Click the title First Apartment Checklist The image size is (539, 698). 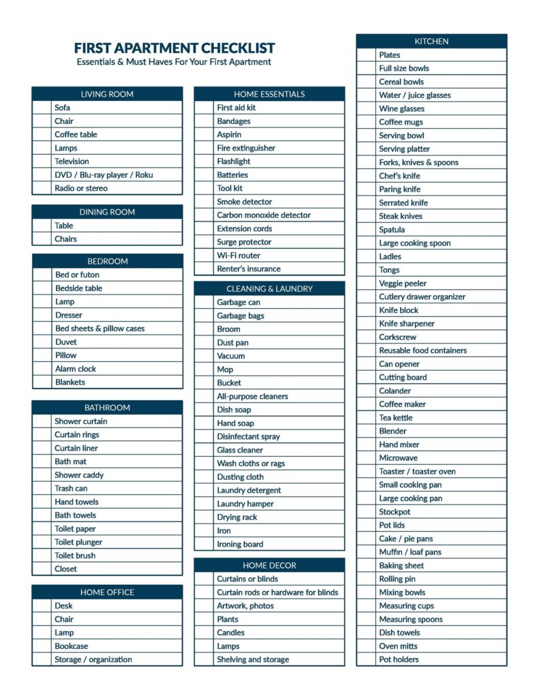[x=174, y=48]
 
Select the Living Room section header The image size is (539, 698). [x=107, y=94]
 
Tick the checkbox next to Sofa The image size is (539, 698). [x=42, y=108]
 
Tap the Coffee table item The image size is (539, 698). [x=76, y=134]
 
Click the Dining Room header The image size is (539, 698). [x=107, y=212]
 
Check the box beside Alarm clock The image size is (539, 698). [x=42, y=369]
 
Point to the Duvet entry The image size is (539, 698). [x=66, y=342]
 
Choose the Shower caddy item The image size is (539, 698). [x=79, y=475]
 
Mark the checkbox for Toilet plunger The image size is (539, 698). [x=42, y=543]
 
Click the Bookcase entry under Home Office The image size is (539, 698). [x=72, y=646]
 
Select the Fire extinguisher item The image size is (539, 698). [x=246, y=148]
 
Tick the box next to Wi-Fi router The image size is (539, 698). [x=204, y=256]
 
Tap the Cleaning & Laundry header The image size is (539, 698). [x=269, y=289]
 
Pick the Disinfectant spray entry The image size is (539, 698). [x=248, y=437]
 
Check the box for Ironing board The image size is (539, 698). [x=204, y=545]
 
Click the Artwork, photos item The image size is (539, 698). [x=245, y=606]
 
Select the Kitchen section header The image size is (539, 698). [x=431, y=42]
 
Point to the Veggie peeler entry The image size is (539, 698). [x=403, y=284]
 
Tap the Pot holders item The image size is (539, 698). [x=399, y=660]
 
